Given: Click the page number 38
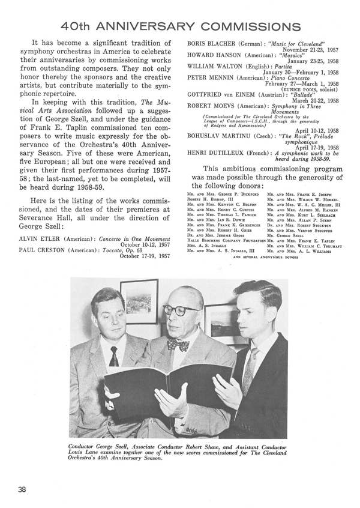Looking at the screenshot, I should click(x=22, y=489).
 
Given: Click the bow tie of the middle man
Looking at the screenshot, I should click(x=178, y=345).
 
